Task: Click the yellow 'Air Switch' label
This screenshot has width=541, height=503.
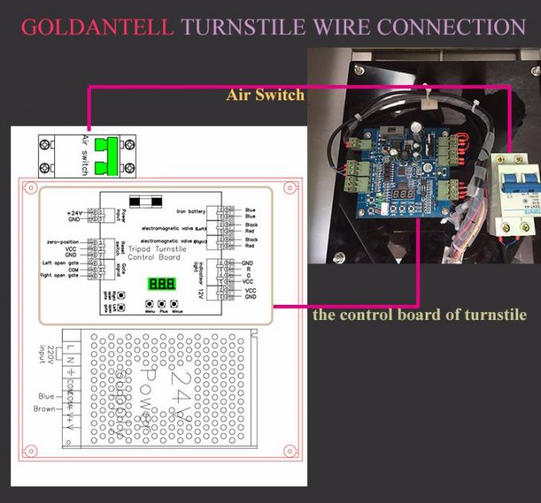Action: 266,96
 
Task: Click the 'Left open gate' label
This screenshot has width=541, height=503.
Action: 62,263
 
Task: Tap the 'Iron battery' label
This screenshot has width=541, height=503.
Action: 191,212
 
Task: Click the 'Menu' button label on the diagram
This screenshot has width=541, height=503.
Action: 148,313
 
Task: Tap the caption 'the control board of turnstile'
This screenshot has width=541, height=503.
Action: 419,314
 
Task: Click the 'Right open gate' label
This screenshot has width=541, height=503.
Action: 62,275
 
